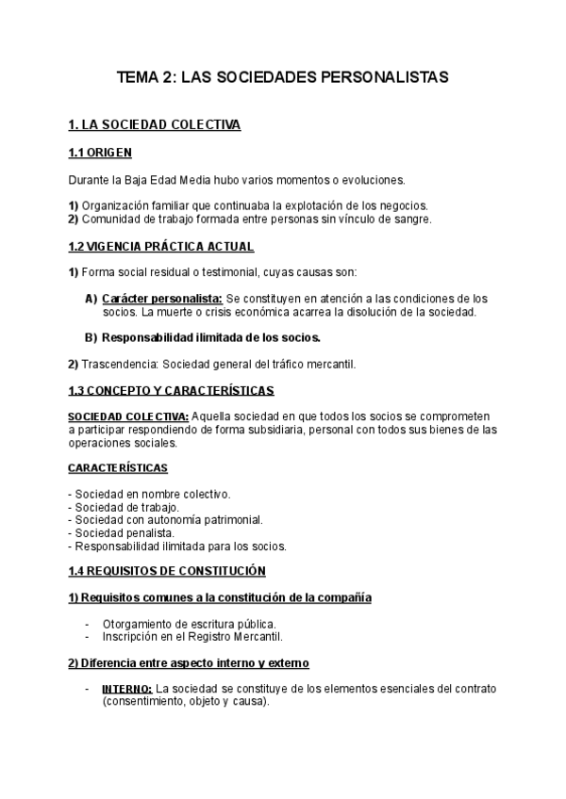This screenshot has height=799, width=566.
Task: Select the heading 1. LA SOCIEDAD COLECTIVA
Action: coord(155,124)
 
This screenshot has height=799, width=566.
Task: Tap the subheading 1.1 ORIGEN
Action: coord(100,152)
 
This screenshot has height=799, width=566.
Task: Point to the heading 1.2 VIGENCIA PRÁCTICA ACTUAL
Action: coord(160,246)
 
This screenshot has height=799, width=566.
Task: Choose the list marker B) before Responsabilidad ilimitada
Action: coord(91,337)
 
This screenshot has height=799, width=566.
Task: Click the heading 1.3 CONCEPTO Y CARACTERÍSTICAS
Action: coord(172,390)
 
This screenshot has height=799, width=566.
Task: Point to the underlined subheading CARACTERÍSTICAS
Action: coord(118,467)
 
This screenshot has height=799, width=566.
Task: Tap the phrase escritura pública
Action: coord(236,624)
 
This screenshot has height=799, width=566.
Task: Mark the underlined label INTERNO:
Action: coord(126,689)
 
